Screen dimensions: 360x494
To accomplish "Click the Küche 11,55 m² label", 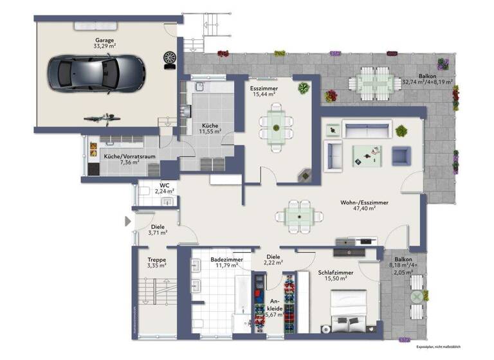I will (x=211, y=127).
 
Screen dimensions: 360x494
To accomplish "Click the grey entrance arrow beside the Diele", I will (x=127, y=221).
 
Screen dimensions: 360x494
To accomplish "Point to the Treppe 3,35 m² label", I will (x=156, y=262).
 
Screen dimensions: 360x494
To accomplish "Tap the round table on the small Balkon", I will (x=417, y=296).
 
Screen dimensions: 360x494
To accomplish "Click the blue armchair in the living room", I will (x=401, y=155).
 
